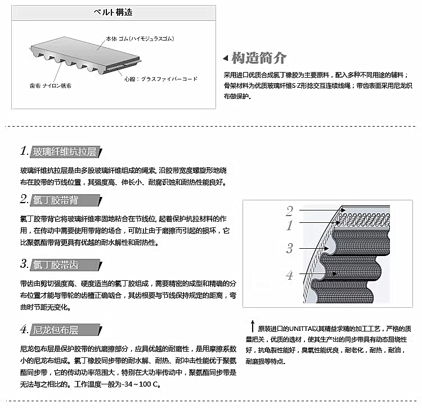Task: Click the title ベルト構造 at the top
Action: point(113,12)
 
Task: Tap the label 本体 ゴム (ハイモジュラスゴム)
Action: point(140,39)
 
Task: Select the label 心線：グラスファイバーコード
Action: point(161,79)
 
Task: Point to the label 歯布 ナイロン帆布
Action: point(51,86)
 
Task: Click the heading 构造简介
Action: point(259,58)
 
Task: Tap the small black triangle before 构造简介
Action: point(226,58)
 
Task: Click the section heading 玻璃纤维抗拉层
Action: point(65,152)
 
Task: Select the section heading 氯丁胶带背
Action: point(56,200)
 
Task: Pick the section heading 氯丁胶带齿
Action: point(56,265)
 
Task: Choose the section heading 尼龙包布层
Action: point(56,330)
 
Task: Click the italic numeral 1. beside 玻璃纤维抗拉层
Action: point(25,151)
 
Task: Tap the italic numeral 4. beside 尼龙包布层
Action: point(24,329)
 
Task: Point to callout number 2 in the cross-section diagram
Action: point(289,211)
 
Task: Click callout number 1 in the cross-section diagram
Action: point(289,226)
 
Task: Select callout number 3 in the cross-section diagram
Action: point(289,248)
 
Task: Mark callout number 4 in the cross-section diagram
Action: point(289,275)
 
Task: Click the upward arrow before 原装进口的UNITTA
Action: point(252,326)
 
